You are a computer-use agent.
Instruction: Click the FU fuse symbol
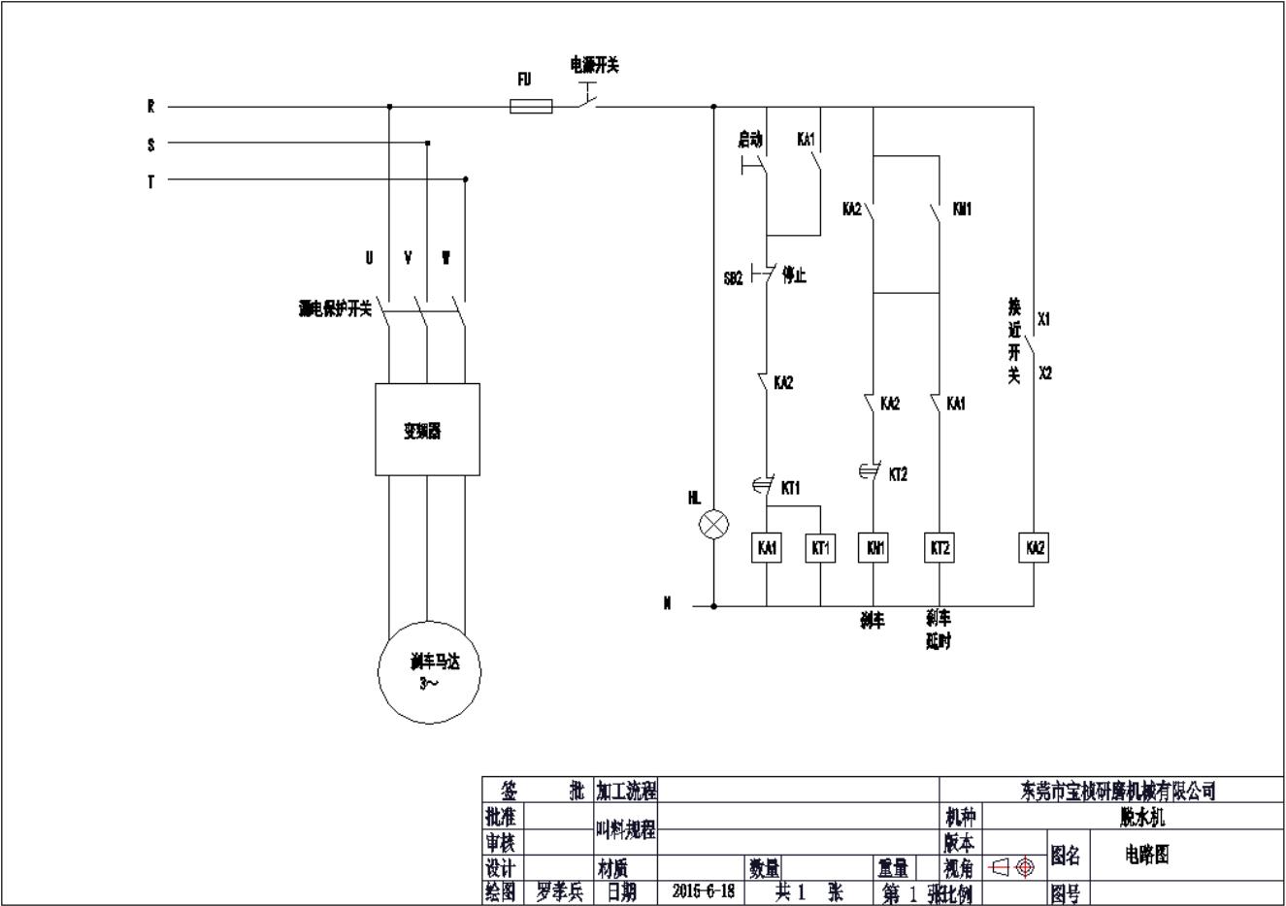tap(531, 107)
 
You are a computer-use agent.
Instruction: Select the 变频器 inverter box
tap(427, 430)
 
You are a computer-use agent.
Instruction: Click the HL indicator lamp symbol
tap(714, 525)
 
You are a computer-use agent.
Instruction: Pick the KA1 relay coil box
tap(767, 548)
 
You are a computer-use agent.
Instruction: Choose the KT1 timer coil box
tap(821, 548)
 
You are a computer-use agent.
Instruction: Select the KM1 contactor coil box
tap(874, 548)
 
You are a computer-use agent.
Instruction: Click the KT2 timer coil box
tap(939, 548)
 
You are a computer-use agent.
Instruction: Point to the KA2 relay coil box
tap(1035, 548)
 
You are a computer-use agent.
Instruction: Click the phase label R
tap(151, 108)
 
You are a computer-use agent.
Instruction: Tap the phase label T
tap(151, 180)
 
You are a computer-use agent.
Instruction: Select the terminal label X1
tap(1044, 318)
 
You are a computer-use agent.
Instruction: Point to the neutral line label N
tap(668, 603)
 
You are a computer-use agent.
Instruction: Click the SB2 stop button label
tap(733, 278)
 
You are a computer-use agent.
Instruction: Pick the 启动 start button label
tap(750, 140)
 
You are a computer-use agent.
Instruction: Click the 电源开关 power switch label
tap(594, 65)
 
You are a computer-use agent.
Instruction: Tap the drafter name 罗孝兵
tap(559, 890)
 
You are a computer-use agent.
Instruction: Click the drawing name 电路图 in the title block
tap(1147, 854)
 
